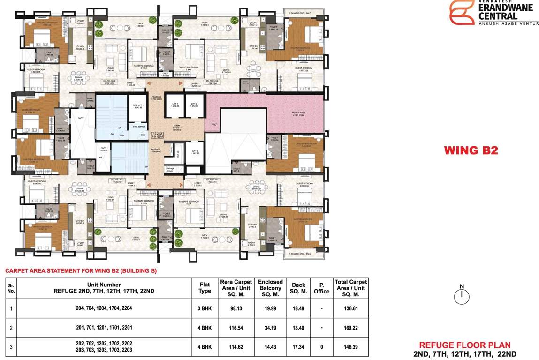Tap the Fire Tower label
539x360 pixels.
click(138, 127)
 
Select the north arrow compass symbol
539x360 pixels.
click(462, 295)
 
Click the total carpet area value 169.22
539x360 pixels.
click(350, 328)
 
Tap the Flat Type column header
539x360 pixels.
click(205, 288)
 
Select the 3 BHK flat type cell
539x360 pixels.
click(205, 308)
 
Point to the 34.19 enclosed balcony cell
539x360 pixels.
click(270, 328)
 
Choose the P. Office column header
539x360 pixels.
click(321, 288)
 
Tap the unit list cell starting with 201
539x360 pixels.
click(104, 328)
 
